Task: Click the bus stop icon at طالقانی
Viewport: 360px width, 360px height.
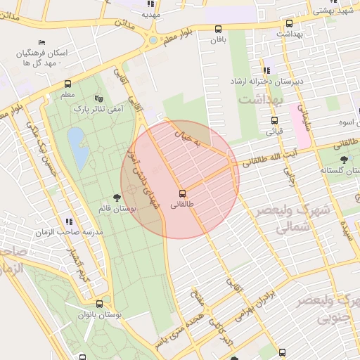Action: (183, 193)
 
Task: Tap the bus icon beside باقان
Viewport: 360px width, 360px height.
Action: (218, 30)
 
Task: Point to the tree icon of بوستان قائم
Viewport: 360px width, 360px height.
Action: (116, 199)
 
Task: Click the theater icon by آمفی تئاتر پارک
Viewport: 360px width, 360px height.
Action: (98, 99)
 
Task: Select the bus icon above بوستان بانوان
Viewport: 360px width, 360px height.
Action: (99, 305)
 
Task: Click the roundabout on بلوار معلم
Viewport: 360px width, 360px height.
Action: (153, 39)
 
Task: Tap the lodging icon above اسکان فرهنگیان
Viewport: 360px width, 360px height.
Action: (42, 42)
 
